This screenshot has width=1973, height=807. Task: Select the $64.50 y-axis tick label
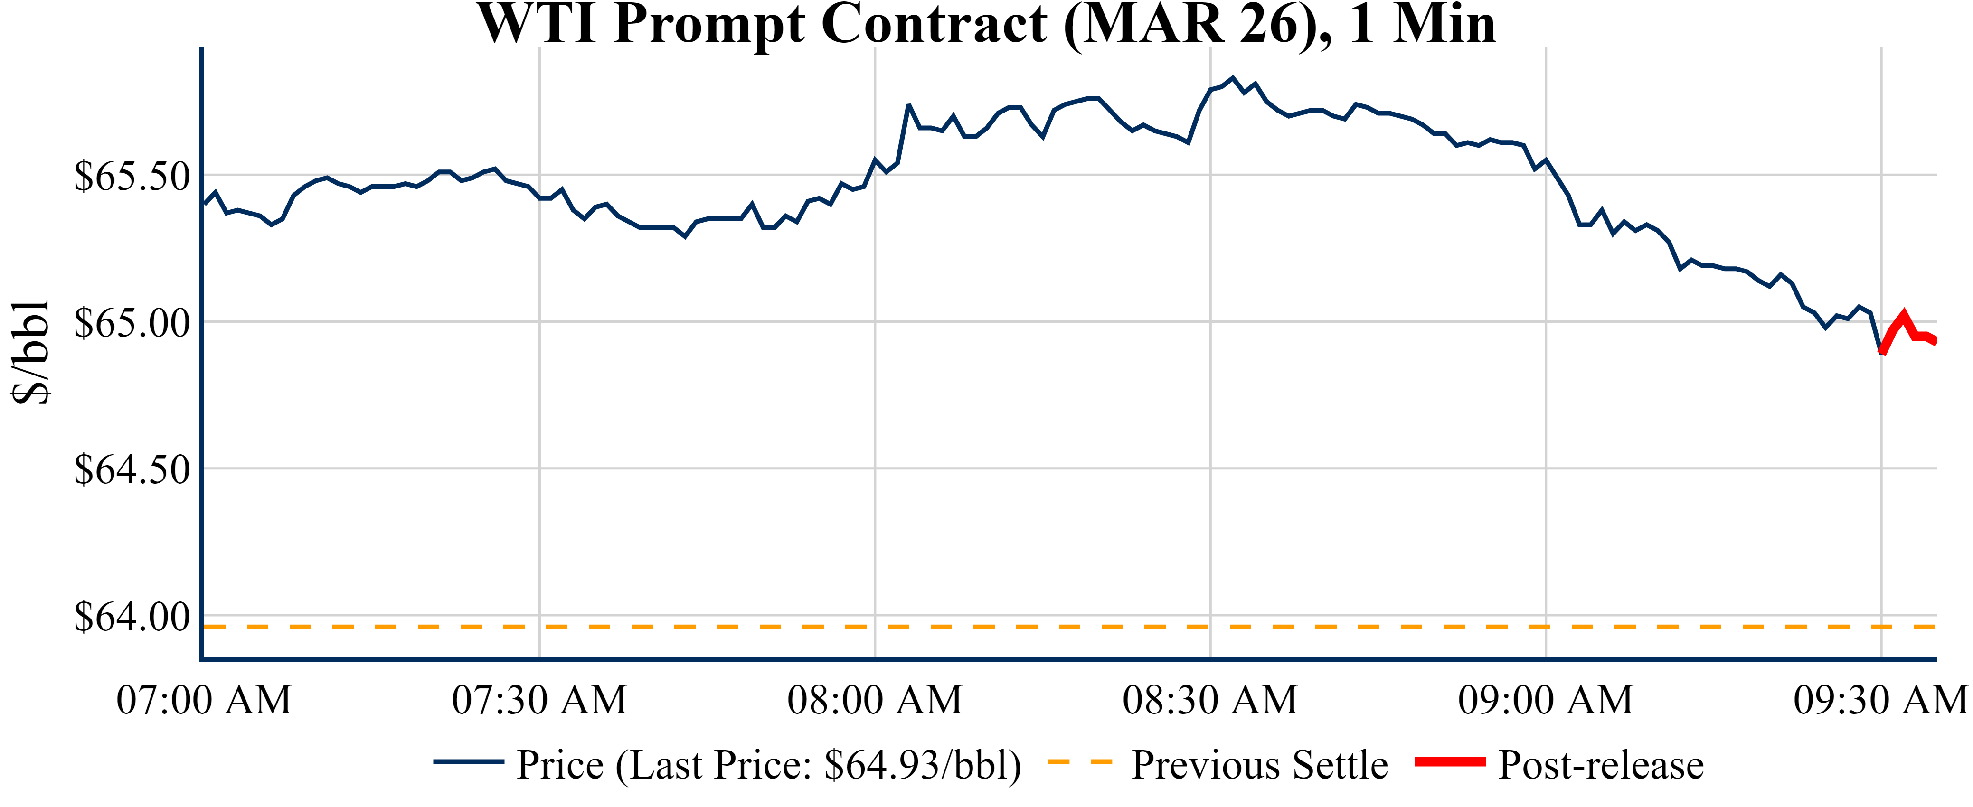click(x=132, y=469)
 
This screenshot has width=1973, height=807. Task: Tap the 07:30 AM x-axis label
click(x=539, y=700)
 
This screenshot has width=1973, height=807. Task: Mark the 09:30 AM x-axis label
click(x=1880, y=700)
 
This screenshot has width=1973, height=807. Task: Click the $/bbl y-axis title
click(x=31, y=352)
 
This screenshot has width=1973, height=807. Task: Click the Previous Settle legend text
click(x=1260, y=765)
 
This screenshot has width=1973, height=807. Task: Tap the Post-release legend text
click(x=1601, y=765)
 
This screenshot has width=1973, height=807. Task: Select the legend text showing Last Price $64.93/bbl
click(x=769, y=765)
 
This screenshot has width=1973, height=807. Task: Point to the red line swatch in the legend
click(x=1450, y=762)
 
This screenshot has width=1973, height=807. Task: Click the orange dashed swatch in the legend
click(x=1080, y=762)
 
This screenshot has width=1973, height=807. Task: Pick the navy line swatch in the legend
click(x=469, y=762)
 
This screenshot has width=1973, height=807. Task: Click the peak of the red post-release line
click(x=1904, y=315)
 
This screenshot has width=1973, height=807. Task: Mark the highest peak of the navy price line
click(x=1232, y=77)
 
